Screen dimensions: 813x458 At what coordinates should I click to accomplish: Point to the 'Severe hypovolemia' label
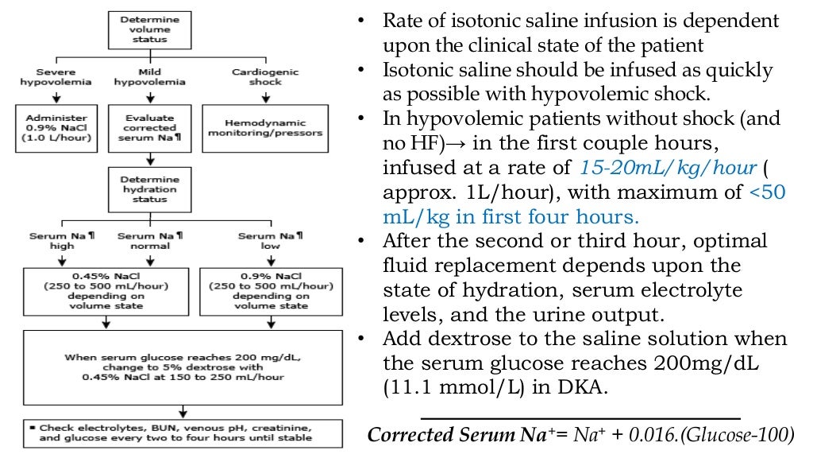[x=56, y=76]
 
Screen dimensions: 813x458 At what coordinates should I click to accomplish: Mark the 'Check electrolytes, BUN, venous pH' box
[x=183, y=433]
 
